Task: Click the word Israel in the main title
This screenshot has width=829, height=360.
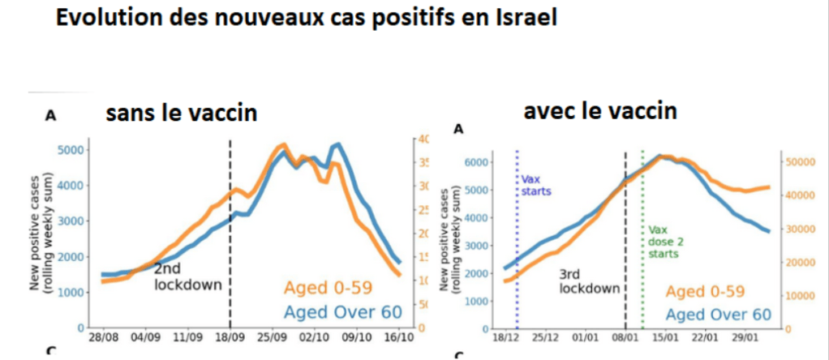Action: click(518, 19)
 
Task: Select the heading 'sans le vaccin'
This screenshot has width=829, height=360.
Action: click(182, 114)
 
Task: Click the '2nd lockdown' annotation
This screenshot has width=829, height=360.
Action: click(176, 276)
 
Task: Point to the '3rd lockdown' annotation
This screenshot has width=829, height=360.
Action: click(590, 281)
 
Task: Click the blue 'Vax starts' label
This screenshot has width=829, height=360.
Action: click(535, 186)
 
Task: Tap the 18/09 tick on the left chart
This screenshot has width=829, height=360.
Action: click(230, 336)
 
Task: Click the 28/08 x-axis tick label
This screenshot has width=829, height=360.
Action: click(103, 336)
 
